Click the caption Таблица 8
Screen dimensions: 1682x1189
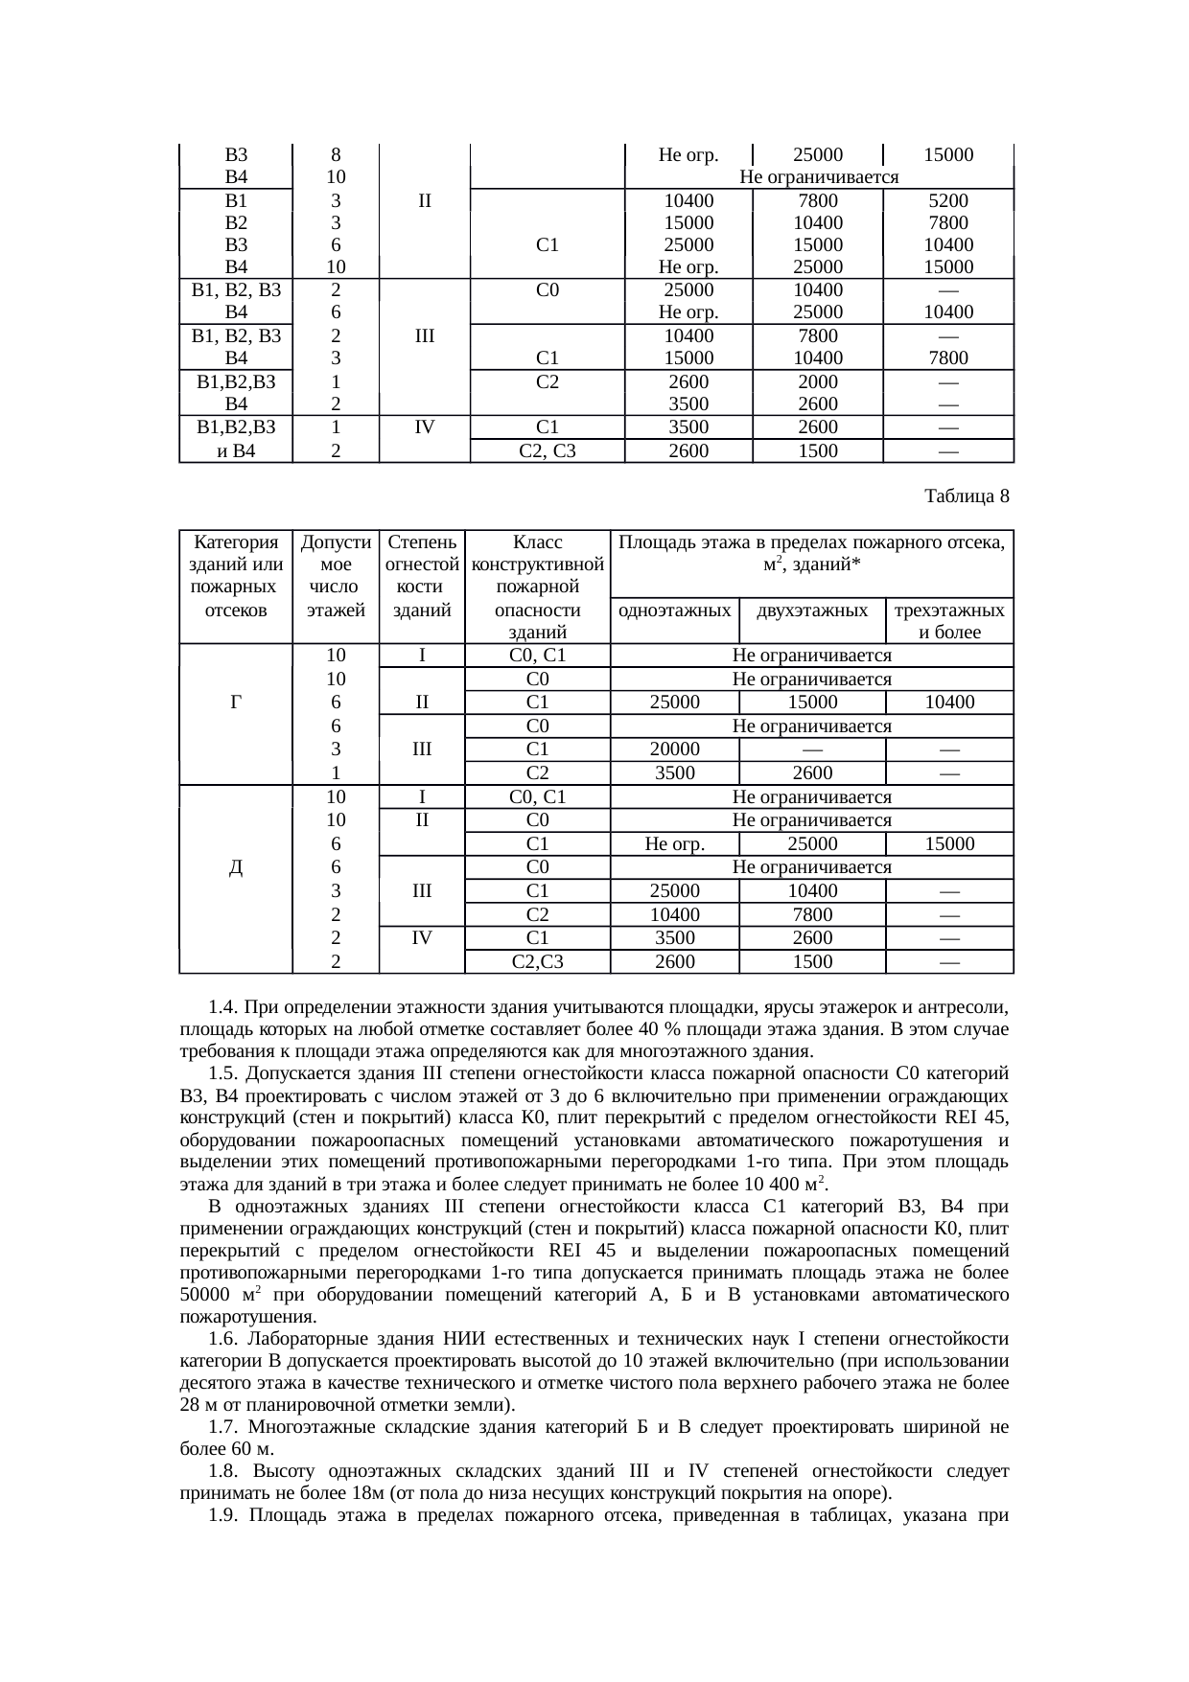[x=966, y=496]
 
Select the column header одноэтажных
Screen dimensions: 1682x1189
[x=674, y=611]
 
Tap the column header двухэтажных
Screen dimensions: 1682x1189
[x=812, y=611]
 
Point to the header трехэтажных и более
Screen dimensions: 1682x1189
[x=949, y=621]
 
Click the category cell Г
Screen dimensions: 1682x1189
[x=235, y=703]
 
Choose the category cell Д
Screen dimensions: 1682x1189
[x=235, y=867]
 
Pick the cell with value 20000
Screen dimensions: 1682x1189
[x=674, y=749]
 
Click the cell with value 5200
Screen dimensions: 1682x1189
[x=947, y=201]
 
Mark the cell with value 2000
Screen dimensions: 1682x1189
[x=817, y=381]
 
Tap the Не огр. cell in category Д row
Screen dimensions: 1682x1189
[x=674, y=844]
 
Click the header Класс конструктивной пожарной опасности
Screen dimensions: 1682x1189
[x=537, y=587]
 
